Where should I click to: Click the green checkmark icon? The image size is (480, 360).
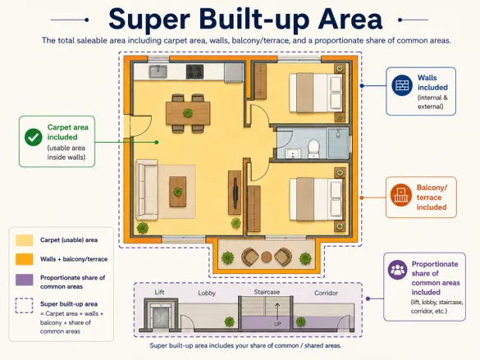[x=34, y=137]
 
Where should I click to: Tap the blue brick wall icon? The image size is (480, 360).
[x=402, y=85]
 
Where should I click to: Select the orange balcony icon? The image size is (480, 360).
[x=400, y=195]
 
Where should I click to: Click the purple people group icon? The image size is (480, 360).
[x=397, y=270]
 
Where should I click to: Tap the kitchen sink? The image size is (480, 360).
[x=158, y=71]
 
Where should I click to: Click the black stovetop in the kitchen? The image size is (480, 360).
[x=194, y=71]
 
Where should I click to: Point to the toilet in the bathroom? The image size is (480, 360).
[x=313, y=148]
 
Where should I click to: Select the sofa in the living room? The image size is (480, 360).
[x=147, y=189]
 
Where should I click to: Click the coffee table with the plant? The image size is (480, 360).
[x=177, y=191]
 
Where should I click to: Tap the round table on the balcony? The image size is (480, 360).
[x=267, y=257]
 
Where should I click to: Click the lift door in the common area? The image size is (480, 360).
[x=161, y=317]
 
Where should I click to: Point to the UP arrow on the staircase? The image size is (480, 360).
[x=277, y=312]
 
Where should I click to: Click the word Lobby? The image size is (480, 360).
[x=207, y=293]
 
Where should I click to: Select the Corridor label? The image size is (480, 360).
[x=326, y=293]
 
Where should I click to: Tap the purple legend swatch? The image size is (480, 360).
[x=25, y=280]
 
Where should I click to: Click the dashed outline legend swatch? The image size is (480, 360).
[x=24, y=306]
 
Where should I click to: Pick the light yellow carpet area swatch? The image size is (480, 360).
[x=25, y=240]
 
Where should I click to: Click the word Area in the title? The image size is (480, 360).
[x=350, y=19]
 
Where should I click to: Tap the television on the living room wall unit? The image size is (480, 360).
[x=235, y=193]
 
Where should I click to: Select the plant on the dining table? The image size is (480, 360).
[x=188, y=113]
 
